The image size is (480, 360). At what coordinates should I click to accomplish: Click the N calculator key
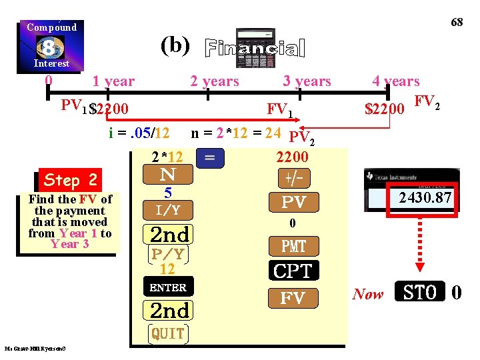coord(168,175)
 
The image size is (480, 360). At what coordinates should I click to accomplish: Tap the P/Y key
coord(168,254)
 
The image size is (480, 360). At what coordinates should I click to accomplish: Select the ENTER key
coord(168,287)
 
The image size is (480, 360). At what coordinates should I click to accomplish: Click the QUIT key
coord(168,333)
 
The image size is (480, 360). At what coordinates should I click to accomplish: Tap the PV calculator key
coord(293,202)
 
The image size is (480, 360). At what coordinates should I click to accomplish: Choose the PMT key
coord(293,247)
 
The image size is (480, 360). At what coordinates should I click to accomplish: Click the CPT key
coord(293,271)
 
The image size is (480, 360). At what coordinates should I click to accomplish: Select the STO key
coord(420,293)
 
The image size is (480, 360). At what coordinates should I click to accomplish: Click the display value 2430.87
coord(425,197)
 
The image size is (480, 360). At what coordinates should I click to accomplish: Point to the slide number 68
coord(457,22)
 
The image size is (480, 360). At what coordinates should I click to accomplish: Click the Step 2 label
coord(70,180)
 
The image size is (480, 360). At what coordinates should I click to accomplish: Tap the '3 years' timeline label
coord(307,81)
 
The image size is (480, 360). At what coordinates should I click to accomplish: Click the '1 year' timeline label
coord(113,81)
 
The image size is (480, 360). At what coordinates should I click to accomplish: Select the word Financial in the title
coord(255,48)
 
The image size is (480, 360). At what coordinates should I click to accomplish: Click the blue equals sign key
coord(210,158)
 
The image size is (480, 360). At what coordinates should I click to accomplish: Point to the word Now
coord(368,294)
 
